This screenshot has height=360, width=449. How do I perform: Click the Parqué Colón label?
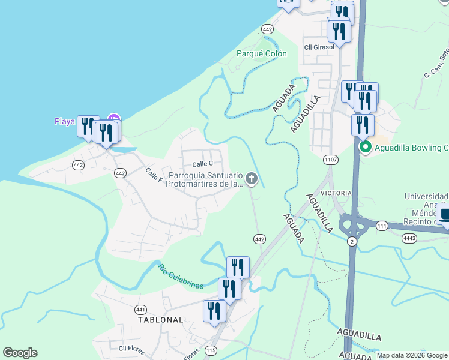point(262,53)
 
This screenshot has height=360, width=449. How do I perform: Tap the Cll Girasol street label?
point(318,47)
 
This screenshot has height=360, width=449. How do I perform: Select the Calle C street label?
point(203,164)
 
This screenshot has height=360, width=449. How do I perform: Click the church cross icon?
point(252,178)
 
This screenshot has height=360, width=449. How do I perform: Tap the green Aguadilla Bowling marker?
point(364,147)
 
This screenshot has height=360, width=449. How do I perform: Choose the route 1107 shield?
point(330,160)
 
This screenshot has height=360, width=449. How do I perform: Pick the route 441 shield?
point(140,310)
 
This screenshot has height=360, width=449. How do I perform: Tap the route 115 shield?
point(210,350)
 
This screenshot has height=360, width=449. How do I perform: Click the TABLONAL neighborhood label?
point(160,320)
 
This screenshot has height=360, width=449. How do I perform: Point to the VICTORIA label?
point(336,193)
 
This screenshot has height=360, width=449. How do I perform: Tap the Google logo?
point(20,353)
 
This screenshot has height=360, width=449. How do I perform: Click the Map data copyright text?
point(412,355)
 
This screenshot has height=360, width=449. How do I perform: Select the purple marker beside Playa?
point(113,119)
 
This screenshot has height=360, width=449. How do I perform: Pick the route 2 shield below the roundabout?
point(351,241)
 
